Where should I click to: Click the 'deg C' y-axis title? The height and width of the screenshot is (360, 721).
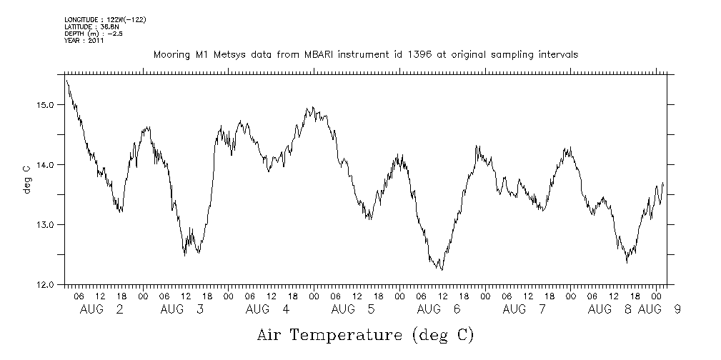tap(26, 180)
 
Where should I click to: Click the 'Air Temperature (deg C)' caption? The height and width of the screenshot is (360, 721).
tap(365, 334)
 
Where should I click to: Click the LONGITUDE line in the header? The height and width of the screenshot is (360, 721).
tap(105, 20)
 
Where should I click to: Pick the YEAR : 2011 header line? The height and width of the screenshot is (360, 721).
tap(84, 40)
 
